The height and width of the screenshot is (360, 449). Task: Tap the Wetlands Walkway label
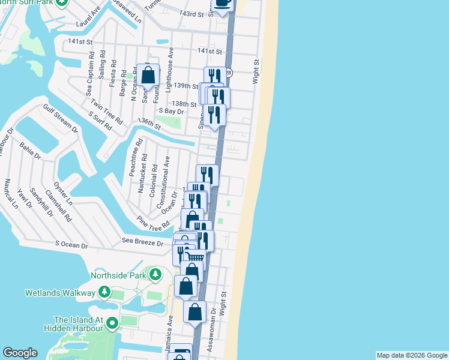coord(60,293)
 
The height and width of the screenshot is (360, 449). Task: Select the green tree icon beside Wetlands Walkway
coord(104,292)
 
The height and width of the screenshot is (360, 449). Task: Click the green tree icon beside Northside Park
coord(155,275)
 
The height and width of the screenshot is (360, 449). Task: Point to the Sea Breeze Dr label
coord(143,243)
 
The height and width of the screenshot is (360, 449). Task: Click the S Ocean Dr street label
coord(71,245)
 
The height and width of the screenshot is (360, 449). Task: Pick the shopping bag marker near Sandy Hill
coord(148,76)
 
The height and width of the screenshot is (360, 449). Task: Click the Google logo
coord(20,353)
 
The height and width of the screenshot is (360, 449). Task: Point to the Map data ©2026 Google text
coord(412,355)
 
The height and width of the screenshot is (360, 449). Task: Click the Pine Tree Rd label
coord(153,223)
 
